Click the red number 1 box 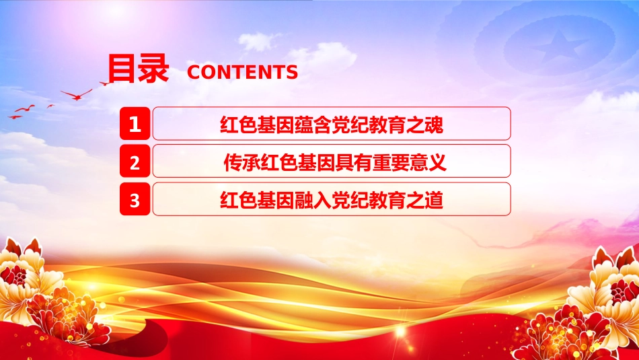135,124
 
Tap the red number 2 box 135,161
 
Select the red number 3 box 135,199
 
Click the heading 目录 138,69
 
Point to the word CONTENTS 242,72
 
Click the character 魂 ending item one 434,124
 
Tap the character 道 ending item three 434,200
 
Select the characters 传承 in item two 242,162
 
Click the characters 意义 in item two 428,162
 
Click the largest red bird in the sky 77,95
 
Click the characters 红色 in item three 238,200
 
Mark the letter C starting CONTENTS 194,72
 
